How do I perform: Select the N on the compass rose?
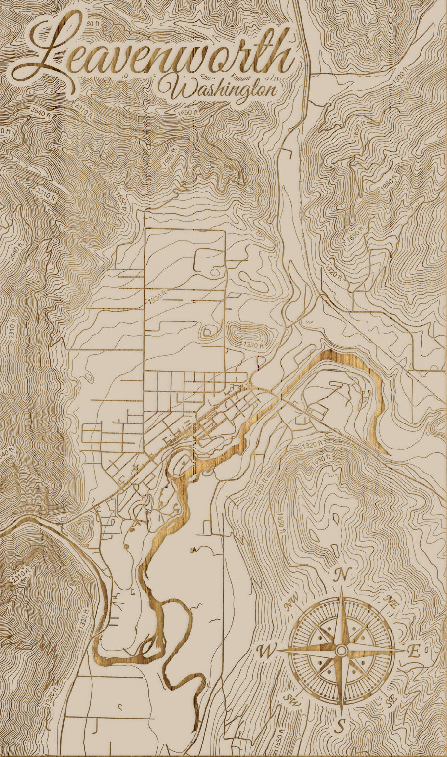click(x=342, y=575)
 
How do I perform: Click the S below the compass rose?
click(x=341, y=726)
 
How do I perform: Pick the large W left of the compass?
click(x=266, y=652)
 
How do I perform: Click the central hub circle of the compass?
click(x=342, y=651)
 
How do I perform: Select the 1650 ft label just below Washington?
click(x=188, y=112)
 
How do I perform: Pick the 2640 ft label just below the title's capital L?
click(x=39, y=112)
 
